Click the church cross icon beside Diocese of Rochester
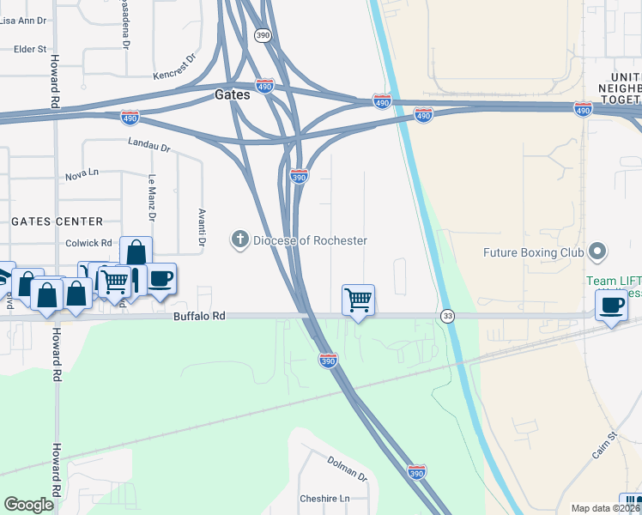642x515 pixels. click(240, 240)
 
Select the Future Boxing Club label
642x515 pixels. click(533, 252)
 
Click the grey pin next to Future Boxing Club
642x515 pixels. click(598, 252)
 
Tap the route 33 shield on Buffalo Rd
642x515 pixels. click(447, 316)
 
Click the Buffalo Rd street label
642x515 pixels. click(198, 316)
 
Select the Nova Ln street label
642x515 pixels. click(82, 174)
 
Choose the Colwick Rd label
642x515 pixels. click(89, 243)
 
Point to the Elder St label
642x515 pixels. click(30, 50)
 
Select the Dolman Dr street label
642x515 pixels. click(347, 468)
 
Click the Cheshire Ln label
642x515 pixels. click(325, 499)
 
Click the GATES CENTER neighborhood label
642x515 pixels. click(57, 221)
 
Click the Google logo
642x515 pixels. click(28, 505)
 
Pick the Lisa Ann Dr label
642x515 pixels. click(23, 20)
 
